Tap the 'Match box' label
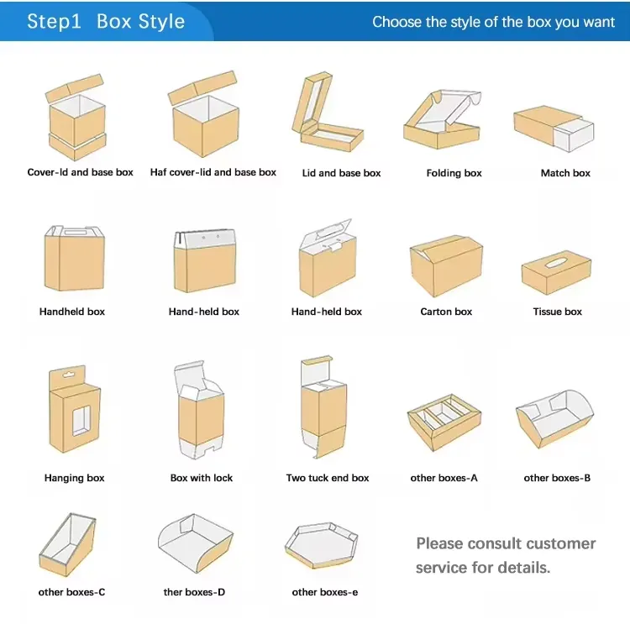click(x=565, y=173)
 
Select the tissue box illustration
click(x=557, y=272)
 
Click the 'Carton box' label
click(x=446, y=312)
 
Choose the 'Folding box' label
click(x=454, y=173)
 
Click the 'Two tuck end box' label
click(x=328, y=478)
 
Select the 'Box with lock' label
click(x=202, y=478)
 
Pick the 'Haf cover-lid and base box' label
click(x=213, y=172)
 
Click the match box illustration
click(x=554, y=128)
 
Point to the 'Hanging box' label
click(x=75, y=478)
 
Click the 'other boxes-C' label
click(x=72, y=592)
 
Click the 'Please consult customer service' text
click(x=505, y=555)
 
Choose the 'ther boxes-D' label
click(x=194, y=592)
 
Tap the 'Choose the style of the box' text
click(x=493, y=22)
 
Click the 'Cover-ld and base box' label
click(x=81, y=172)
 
